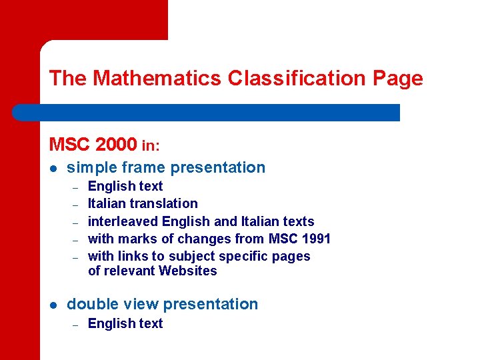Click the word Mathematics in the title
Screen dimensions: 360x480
click(157, 79)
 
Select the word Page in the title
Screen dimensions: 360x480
click(397, 79)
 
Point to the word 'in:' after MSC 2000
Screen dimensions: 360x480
click(151, 145)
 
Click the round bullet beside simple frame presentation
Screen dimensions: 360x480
click(53, 168)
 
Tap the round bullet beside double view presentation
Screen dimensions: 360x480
click(53, 305)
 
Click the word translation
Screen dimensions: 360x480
click(164, 203)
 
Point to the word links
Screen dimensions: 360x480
click(132, 256)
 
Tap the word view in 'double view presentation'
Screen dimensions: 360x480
click(142, 305)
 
